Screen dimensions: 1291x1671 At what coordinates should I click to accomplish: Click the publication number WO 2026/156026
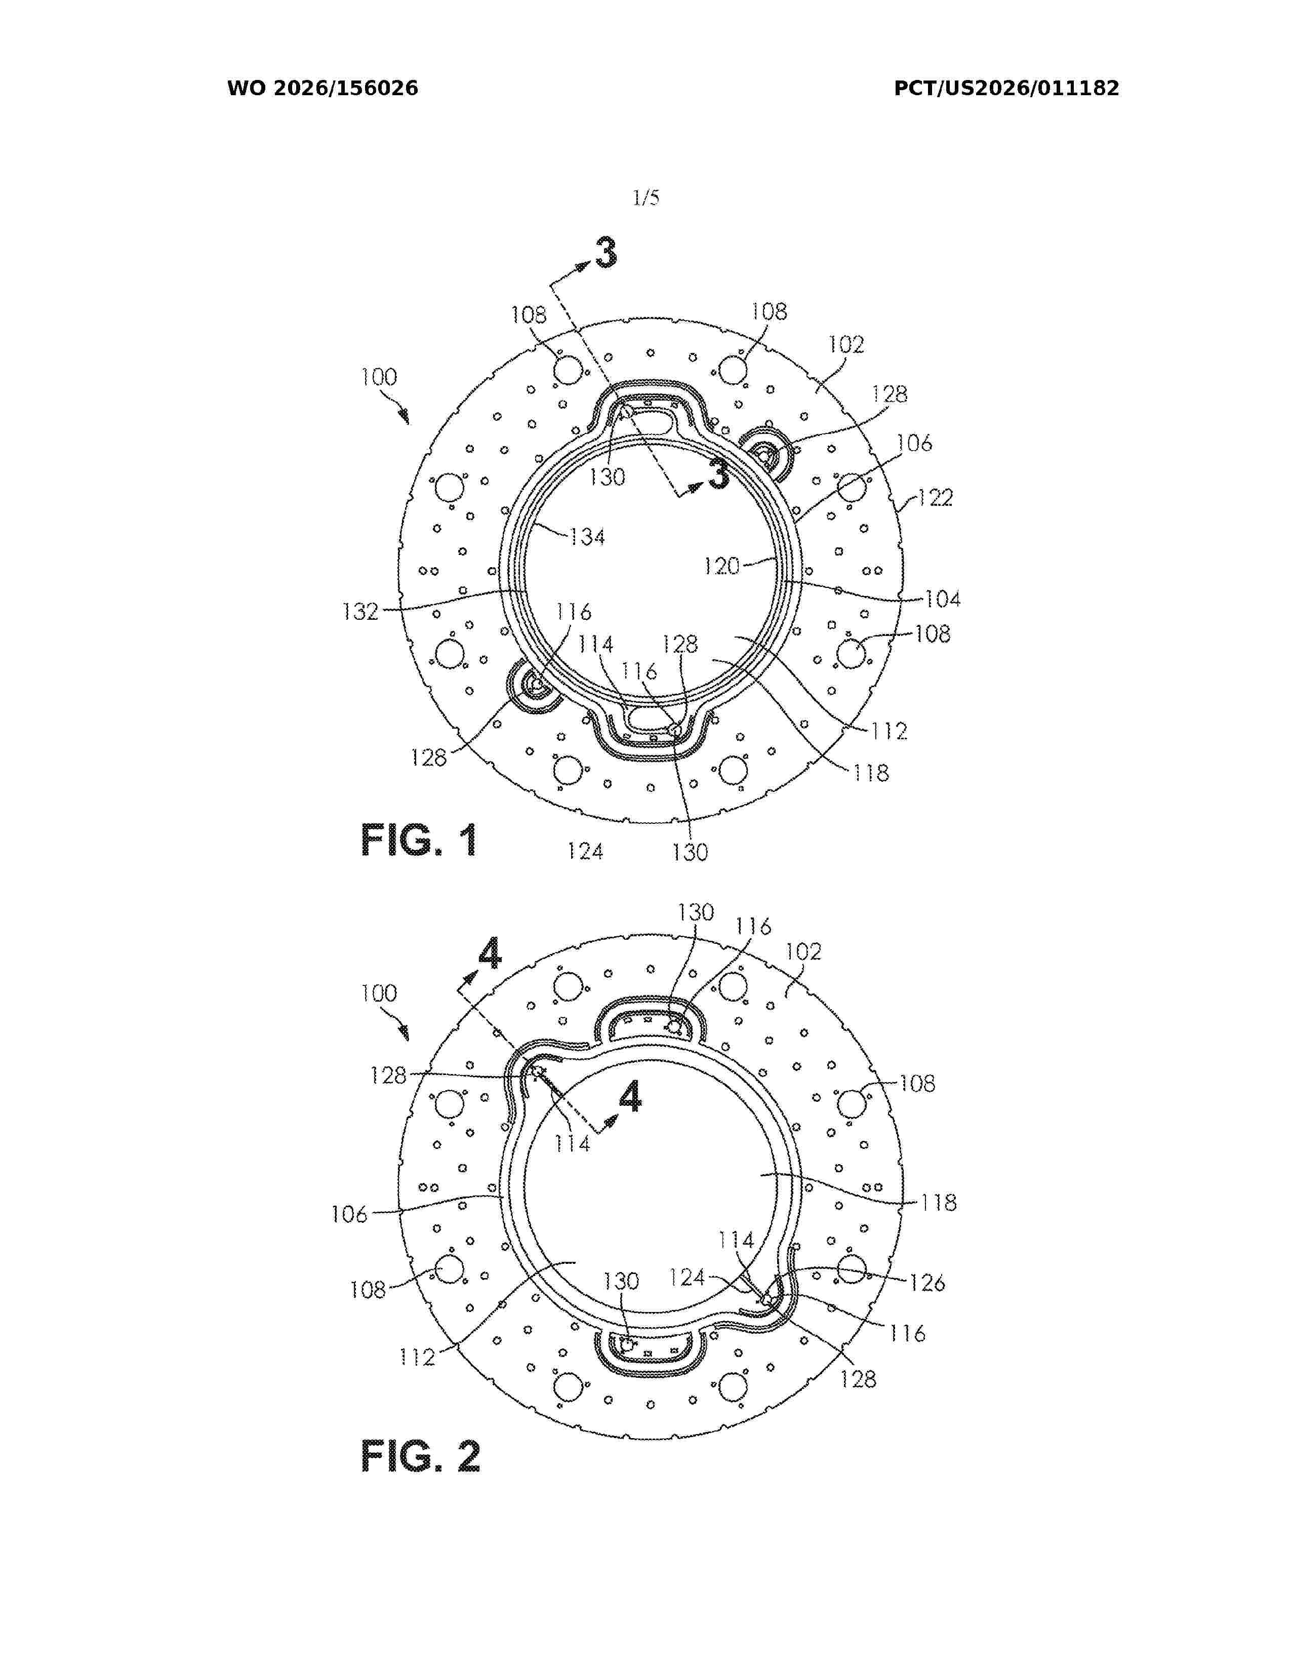click(323, 89)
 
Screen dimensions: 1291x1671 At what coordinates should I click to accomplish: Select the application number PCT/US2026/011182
click(1006, 89)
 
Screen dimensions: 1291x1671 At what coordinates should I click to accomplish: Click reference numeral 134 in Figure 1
click(587, 537)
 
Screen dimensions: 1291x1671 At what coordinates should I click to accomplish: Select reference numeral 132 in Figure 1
click(361, 611)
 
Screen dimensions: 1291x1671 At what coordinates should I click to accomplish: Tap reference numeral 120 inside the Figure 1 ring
click(722, 566)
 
